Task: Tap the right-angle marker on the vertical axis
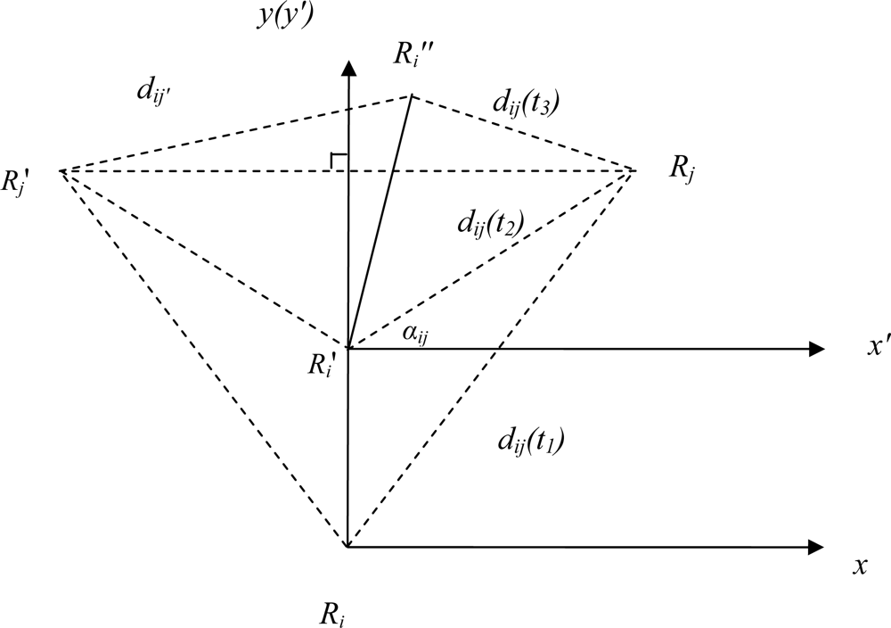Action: [339, 161]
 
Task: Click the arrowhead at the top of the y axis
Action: [349, 68]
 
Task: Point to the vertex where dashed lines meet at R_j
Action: [635, 169]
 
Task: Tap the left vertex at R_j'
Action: [61, 169]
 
